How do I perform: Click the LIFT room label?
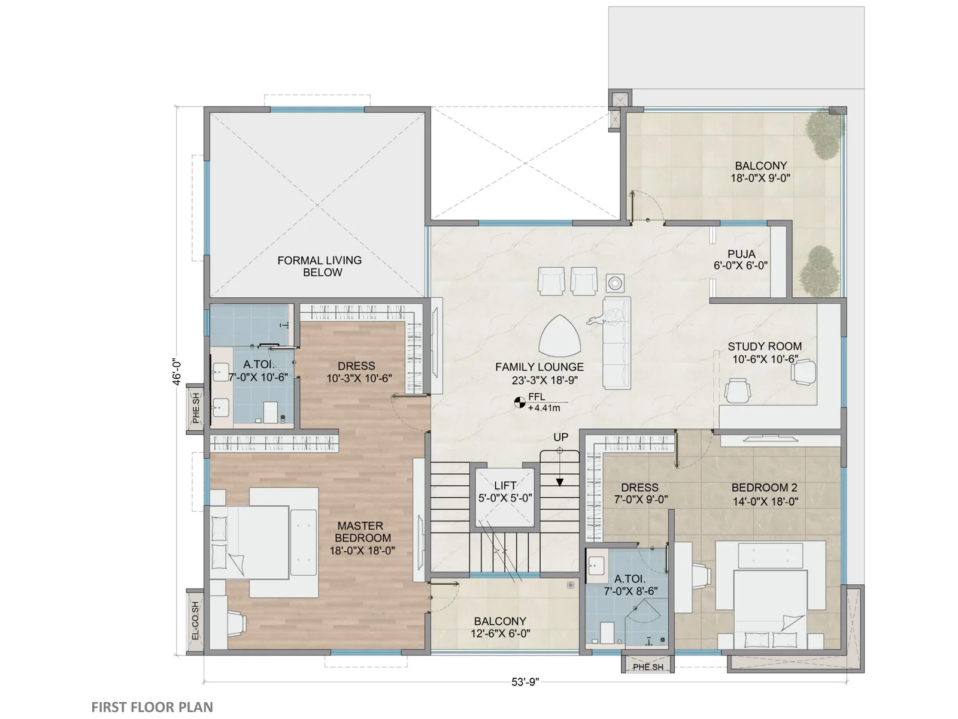click(x=505, y=485)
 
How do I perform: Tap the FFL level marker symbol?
click(x=519, y=402)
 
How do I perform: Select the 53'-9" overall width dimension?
click(x=525, y=681)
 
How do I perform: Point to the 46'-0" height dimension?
click(x=176, y=373)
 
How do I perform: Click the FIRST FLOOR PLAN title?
click(x=152, y=707)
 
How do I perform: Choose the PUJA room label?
click(x=741, y=253)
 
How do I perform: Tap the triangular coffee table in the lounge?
click(x=560, y=336)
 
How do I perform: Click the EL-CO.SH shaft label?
click(x=195, y=620)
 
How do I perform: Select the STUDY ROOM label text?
click(x=765, y=346)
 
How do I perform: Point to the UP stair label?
click(x=560, y=437)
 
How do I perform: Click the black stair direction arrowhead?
click(x=559, y=482)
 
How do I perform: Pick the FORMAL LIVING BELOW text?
click(x=320, y=266)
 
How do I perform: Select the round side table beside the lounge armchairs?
click(x=614, y=283)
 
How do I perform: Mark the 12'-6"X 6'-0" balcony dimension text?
click(x=500, y=633)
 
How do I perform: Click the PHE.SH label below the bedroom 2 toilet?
click(x=648, y=667)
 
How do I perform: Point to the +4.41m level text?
click(x=544, y=408)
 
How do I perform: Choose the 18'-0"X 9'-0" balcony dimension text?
click(x=760, y=178)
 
